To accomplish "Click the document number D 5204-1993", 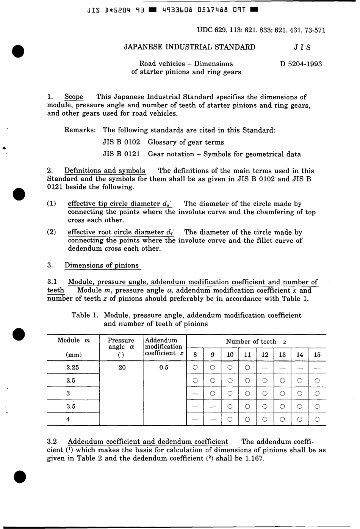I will tap(301, 64).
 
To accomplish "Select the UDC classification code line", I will tap(261, 30).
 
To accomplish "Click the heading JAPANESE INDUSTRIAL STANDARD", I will tap(189, 47).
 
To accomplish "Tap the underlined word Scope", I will tap(74, 97).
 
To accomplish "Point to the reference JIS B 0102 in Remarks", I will tap(121, 142).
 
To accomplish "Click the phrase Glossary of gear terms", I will tap(186, 142).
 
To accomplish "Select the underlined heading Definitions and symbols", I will tap(105, 171).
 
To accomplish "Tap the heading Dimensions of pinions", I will tap(102, 265).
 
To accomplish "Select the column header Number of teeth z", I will tap(256, 341).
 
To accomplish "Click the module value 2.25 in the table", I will tap(72, 367).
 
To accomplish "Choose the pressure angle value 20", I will tap(122, 367).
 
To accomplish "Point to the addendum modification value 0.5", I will tap(164, 367).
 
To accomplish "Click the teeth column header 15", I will tap(317, 355).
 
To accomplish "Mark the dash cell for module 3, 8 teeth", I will tap(195, 393).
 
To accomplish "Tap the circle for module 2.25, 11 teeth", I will tap(247, 367).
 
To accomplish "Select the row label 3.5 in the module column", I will tap(71, 406).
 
